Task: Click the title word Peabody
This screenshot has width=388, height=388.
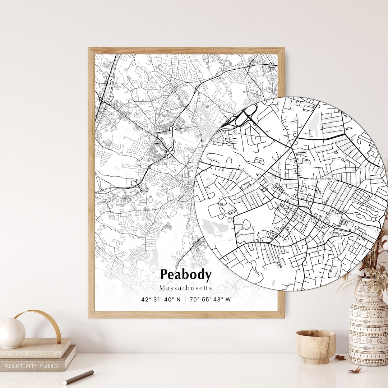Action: pyautogui.click(x=186, y=275)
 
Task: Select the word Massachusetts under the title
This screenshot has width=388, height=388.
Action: pyautogui.click(x=186, y=288)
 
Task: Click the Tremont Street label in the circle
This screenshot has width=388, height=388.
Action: pyautogui.click(x=322, y=179)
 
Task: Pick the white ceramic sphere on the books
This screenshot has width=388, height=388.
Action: pyautogui.click(x=12, y=333)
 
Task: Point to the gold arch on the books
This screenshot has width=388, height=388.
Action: pyautogui.click(x=40, y=322)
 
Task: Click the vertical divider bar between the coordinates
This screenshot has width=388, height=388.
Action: pyautogui.click(x=185, y=299)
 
